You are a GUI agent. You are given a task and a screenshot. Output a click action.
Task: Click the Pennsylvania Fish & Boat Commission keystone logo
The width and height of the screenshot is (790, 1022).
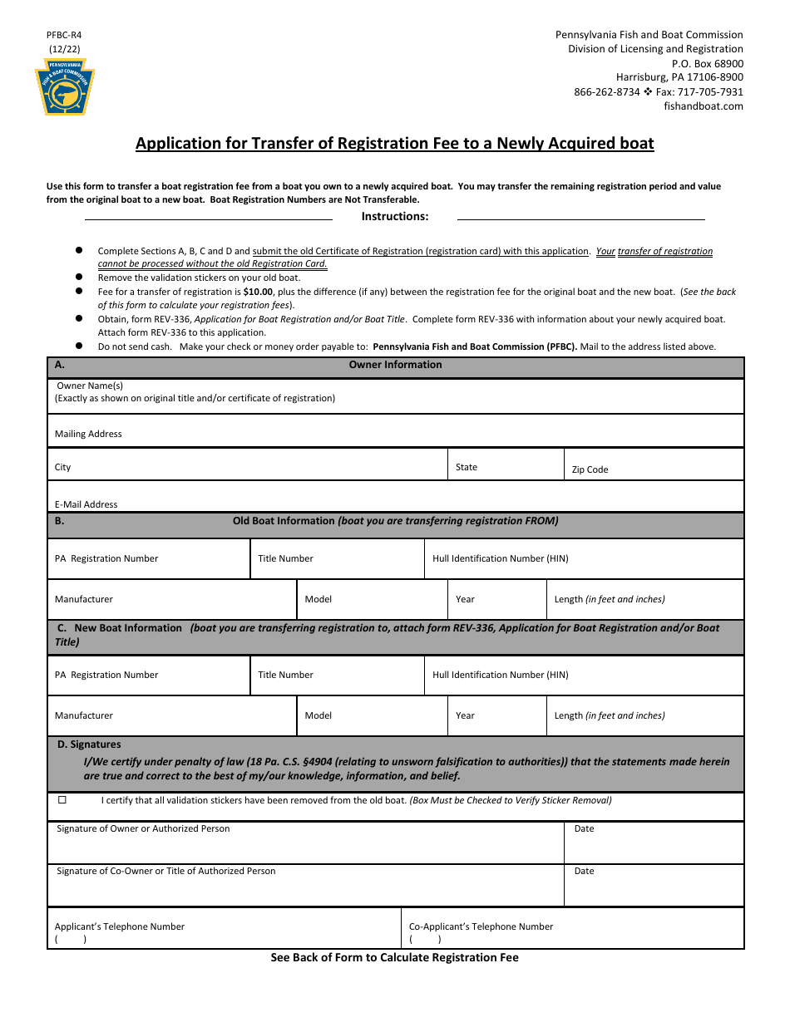(x=65, y=88)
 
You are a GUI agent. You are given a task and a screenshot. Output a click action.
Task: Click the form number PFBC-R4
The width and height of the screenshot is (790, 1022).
(x=64, y=36)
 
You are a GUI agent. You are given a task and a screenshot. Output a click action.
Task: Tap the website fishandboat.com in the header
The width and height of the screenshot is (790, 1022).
(x=704, y=106)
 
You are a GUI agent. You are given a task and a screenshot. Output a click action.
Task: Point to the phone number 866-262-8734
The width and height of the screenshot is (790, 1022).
(x=607, y=92)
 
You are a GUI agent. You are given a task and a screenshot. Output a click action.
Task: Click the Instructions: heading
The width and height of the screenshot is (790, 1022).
(x=395, y=217)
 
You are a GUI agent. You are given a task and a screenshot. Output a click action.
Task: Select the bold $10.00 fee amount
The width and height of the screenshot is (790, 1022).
(x=258, y=292)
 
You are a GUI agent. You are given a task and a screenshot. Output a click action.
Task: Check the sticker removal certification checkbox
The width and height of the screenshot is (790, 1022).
(x=62, y=800)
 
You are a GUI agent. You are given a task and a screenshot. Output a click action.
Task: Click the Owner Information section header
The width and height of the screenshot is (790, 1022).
(x=395, y=365)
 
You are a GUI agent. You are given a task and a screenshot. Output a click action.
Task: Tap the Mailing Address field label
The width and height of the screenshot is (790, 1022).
(x=88, y=434)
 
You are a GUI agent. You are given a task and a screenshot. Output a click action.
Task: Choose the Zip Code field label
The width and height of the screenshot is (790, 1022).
(x=590, y=469)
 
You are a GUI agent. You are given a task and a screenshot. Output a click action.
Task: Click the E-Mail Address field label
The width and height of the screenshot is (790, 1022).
(x=86, y=504)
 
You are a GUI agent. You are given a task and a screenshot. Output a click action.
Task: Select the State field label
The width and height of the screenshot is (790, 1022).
(x=467, y=467)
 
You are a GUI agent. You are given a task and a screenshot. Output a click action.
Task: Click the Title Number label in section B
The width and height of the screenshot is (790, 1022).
(x=285, y=558)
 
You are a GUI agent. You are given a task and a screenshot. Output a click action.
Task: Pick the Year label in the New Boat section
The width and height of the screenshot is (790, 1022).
(x=465, y=715)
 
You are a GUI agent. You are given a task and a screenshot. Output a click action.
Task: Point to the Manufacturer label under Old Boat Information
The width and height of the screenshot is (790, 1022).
(x=84, y=599)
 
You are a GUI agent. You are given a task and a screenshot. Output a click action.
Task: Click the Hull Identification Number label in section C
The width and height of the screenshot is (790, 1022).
(x=501, y=675)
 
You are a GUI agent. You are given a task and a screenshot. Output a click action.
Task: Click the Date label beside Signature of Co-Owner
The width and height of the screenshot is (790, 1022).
(x=585, y=871)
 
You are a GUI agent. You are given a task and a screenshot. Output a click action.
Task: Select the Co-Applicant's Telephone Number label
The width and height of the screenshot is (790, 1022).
(x=481, y=926)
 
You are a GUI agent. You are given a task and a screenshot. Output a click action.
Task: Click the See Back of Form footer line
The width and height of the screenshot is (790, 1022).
(x=395, y=958)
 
